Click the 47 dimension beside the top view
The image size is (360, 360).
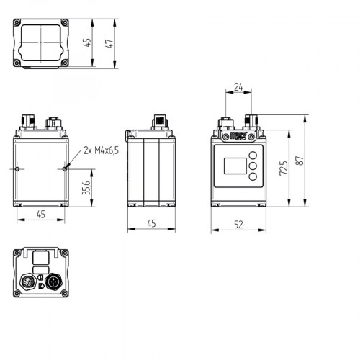pos(109,43)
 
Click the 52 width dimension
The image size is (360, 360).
pos(238,224)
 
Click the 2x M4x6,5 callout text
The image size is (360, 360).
pos(102,150)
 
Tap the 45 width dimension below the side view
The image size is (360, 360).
pos(151,224)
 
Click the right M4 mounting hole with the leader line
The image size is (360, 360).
pos(66,169)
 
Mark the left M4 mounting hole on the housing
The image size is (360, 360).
pos(17,169)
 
